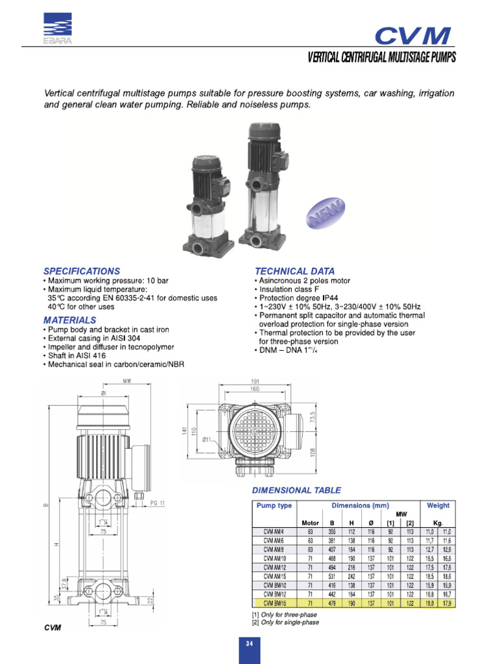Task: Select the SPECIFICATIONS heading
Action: pos(82,270)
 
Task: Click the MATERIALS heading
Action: pos(69,320)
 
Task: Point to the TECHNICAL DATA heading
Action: pos(295,270)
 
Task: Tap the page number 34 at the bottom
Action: pos(248,643)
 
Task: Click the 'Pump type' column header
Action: pos(275,505)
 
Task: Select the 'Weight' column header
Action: pos(438,505)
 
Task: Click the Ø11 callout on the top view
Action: pos(209,440)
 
